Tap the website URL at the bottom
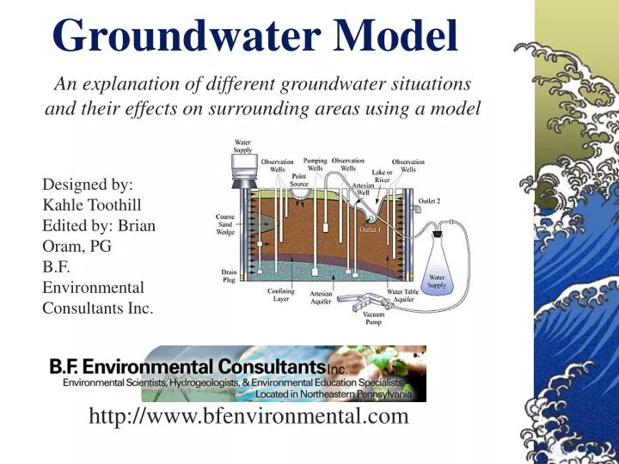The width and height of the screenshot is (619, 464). (x=248, y=417)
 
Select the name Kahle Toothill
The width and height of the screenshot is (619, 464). (x=91, y=205)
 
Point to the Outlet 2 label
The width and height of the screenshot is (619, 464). (x=429, y=200)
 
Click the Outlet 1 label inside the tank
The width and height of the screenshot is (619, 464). (x=371, y=229)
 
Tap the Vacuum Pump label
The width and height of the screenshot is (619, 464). (x=373, y=318)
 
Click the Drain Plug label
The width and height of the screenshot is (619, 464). (x=229, y=277)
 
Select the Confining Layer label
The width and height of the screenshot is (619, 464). (x=280, y=296)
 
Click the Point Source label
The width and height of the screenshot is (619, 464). (x=300, y=180)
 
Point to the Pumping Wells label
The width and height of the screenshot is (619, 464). (x=316, y=164)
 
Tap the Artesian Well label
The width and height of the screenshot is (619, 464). (x=362, y=189)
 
